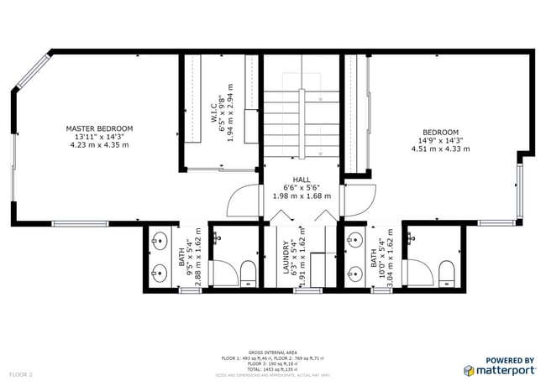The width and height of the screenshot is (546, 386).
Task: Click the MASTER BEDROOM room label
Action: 99,128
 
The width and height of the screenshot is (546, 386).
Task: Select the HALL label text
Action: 302,180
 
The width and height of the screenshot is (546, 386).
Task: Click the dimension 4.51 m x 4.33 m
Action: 440,149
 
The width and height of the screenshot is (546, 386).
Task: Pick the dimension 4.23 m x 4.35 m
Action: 99,145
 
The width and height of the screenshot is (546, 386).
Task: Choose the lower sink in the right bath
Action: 355,272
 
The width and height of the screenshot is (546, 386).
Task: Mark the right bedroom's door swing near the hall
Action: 359,201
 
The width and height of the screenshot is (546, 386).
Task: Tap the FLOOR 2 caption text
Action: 20,373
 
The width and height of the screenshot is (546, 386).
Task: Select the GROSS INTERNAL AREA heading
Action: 272,352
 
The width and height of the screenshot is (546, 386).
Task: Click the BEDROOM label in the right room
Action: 440,132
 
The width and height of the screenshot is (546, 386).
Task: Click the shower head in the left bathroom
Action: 217,238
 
